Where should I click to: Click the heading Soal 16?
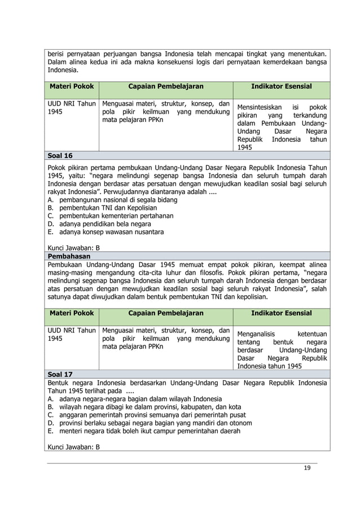(x=60, y=156)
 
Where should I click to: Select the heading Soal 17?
(x=60, y=374)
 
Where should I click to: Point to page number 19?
(x=307, y=467)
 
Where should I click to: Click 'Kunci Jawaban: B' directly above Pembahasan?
(x=73, y=248)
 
